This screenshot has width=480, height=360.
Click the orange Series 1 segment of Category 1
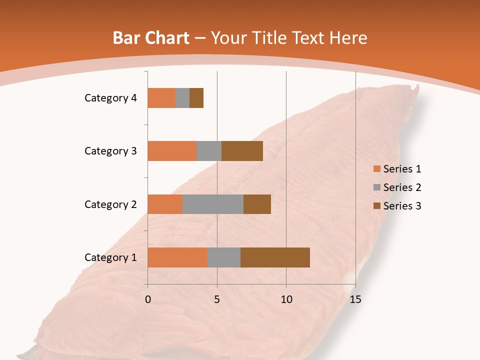click(x=177, y=257)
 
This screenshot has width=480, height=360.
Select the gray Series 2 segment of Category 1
click(x=224, y=257)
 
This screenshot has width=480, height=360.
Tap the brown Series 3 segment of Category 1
click(x=275, y=257)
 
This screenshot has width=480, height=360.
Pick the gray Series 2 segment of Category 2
click(x=213, y=204)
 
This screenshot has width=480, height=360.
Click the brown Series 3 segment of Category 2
click(x=257, y=204)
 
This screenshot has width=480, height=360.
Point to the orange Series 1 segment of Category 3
click(x=172, y=151)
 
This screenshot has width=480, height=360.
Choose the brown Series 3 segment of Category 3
click(x=242, y=151)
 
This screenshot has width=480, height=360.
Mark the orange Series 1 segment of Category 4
click(x=161, y=98)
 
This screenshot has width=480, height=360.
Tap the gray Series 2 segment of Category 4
click(x=182, y=98)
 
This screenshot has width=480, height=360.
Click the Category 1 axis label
click(x=110, y=257)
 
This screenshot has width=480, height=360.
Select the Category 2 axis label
click(x=110, y=204)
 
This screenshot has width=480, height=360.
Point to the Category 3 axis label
click(x=110, y=151)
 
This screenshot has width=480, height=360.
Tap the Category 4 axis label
click(x=110, y=98)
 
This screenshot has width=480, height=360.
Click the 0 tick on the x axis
click(x=148, y=299)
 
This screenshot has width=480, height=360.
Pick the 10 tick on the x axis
click(x=286, y=299)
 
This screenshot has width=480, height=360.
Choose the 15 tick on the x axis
click(x=355, y=299)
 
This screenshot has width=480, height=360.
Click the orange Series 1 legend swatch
click(x=376, y=169)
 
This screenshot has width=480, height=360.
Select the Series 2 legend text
click(x=402, y=187)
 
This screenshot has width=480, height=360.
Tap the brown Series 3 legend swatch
click(x=376, y=206)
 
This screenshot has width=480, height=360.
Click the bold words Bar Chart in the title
click(x=150, y=38)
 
